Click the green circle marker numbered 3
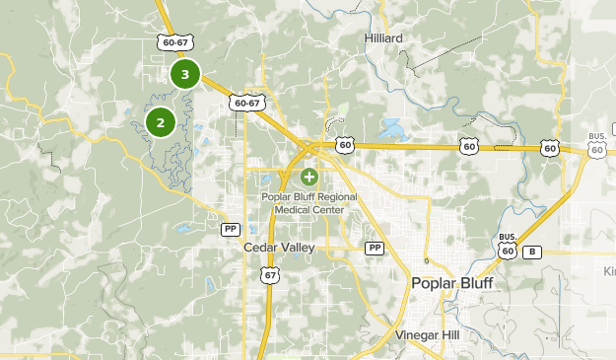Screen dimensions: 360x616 184,74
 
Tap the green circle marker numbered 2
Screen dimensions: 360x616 160,122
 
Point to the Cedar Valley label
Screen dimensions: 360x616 279,248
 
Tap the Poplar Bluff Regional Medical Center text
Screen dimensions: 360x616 309,201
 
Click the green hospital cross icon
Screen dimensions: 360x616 309,178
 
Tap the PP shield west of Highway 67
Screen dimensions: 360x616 230,228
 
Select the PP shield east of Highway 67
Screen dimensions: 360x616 374,248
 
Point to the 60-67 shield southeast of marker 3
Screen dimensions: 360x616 246,103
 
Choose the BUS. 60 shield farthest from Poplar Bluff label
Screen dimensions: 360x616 596,144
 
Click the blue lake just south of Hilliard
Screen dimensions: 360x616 391,127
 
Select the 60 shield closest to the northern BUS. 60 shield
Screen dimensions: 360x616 550,148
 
